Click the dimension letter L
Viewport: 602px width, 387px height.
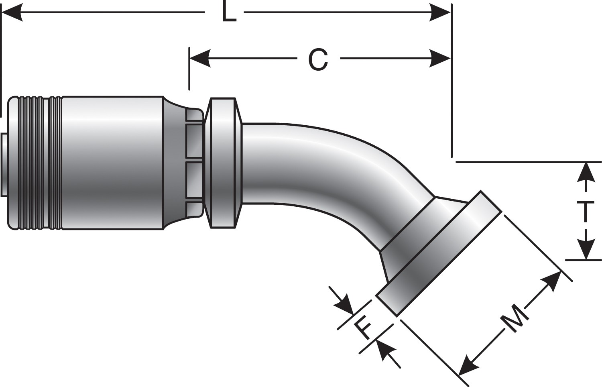click(229, 13)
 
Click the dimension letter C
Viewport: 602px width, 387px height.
click(318, 59)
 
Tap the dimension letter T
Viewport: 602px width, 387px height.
click(587, 212)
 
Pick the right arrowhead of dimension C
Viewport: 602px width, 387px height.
click(440, 59)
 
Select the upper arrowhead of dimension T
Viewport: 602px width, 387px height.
click(587, 172)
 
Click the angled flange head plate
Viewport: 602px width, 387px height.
click(437, 257)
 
